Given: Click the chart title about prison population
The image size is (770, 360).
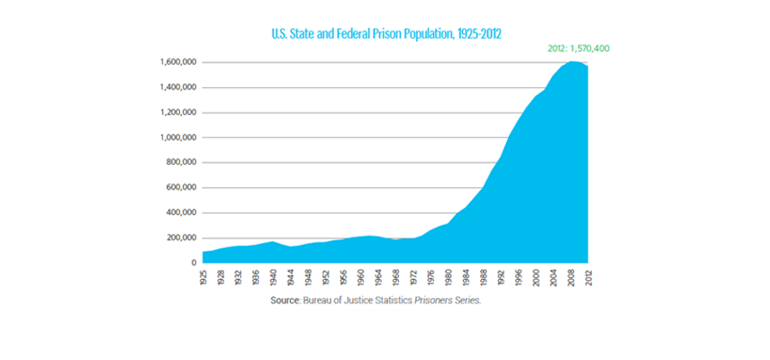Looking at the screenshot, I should [385, 33].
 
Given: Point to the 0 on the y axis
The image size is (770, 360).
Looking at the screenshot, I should [193, 263].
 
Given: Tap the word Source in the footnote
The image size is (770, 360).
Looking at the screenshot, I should [285, 301].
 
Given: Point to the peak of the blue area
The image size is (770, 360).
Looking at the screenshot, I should [573, 61].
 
